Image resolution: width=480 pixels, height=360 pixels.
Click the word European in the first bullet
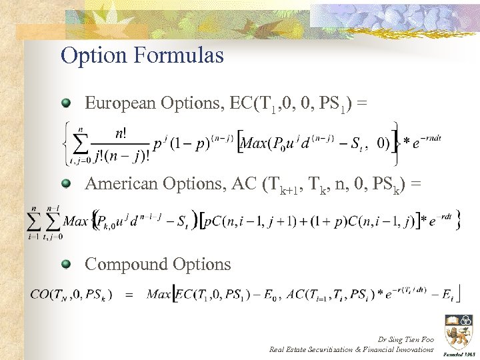click(120, 103)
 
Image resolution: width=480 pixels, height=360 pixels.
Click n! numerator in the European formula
click(120, 133)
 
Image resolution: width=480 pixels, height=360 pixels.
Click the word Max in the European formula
click(255, 143)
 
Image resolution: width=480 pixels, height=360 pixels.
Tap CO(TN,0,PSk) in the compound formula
click(71, 294)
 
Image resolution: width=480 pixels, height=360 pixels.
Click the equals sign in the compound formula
click(129, 294)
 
